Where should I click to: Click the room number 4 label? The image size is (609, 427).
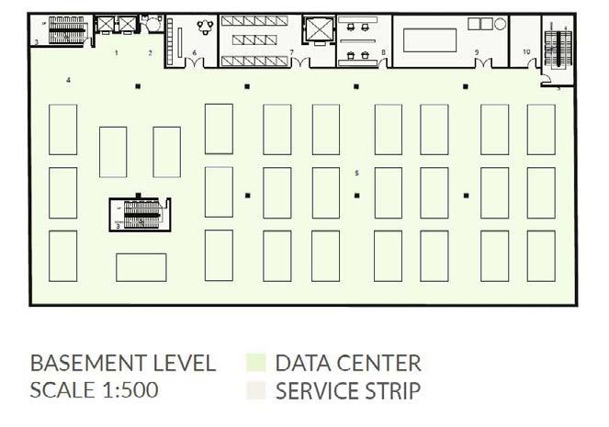70,81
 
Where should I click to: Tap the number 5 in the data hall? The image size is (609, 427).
356,172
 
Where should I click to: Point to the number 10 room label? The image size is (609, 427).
525,51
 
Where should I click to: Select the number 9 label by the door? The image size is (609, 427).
477,52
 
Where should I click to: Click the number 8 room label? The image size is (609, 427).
383,52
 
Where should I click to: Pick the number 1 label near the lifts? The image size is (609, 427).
116,53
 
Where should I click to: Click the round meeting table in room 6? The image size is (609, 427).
204,26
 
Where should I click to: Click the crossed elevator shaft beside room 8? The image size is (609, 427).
318,30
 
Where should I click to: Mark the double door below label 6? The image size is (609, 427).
195,62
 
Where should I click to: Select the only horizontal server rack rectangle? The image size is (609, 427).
141,266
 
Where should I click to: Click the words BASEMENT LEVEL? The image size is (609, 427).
123,362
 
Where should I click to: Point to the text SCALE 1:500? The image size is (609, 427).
95,389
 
